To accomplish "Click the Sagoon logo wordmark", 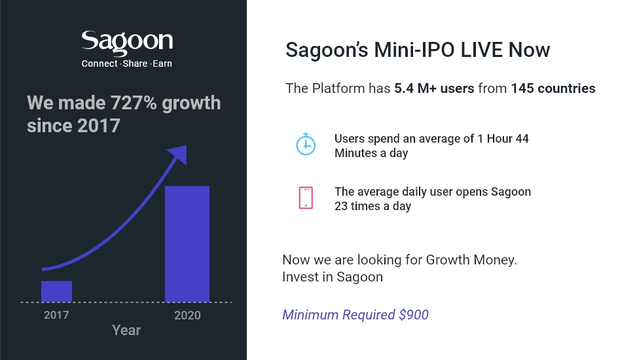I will click(127, 43).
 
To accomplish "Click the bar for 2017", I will click(56, 291).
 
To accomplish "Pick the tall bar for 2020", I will click(187, 243).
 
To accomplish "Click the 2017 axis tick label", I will click(56, 315).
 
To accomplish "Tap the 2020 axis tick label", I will click(187, 315).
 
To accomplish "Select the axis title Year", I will click(126, 330).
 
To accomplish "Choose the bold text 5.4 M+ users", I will click(434, 88).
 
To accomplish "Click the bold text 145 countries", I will click(553, 88).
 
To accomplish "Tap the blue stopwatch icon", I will click(306, 145).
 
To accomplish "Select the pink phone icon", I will click(306, 198).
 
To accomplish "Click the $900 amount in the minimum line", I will click(414, 315).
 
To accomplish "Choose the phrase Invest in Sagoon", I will click(333, 277).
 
